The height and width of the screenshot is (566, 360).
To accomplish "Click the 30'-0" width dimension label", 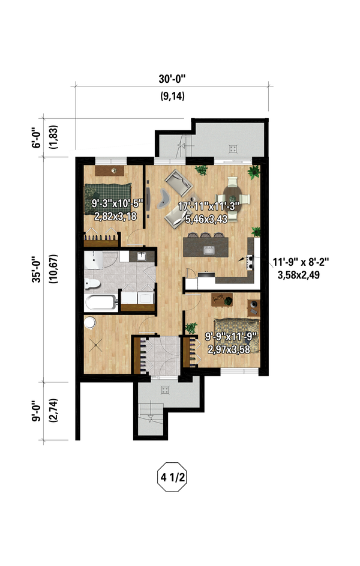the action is [172, 79].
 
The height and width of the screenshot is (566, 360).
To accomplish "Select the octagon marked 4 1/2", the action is [172, 477].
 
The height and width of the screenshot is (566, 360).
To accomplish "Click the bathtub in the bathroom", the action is [101, 303].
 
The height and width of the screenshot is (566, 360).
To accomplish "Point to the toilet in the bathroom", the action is [92, 284].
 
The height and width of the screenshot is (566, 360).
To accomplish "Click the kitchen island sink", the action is [209, 250].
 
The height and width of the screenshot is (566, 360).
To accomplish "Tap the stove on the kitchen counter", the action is [249, 262].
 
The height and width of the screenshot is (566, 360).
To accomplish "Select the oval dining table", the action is [233, 198].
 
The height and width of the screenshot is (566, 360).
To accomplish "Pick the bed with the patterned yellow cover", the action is [236, 336].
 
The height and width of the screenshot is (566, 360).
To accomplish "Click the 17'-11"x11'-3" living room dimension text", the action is [209, 206].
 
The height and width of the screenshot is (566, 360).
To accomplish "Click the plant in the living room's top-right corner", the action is [254, 172].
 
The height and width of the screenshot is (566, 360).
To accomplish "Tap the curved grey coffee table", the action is [164, 199].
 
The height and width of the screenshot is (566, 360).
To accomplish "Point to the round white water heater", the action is [90, 323].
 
